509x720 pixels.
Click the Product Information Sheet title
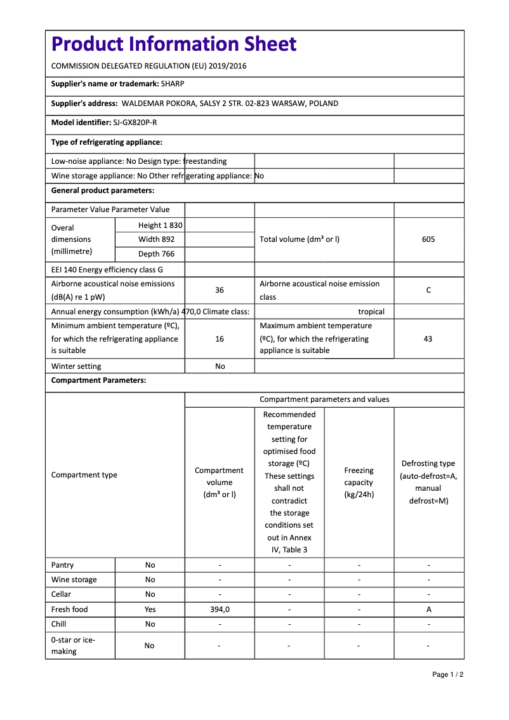(174, 44)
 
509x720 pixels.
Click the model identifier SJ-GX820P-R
(135, 123)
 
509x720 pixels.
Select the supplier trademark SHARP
(173, 84)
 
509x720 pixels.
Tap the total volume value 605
(428, 239)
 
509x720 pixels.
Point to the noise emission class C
(428, 290)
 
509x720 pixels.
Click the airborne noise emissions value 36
(220, 290)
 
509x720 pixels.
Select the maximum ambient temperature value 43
(428, 339)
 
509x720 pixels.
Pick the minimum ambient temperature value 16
(220, 339)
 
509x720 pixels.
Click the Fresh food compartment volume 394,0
(220, 610)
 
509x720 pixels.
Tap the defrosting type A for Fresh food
(429, 610)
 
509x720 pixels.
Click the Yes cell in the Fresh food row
(150, 610)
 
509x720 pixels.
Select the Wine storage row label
(74, 580)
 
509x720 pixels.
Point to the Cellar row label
(62, 594)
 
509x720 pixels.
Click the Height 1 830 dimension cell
(160, 225)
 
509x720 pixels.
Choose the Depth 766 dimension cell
(156, 254)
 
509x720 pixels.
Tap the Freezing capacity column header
(359, 483)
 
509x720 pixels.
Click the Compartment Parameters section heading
(98, 380)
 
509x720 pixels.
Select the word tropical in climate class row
(371, 312)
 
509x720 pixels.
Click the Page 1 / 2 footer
(448, 674)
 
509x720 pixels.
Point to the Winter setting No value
(220, 366)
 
